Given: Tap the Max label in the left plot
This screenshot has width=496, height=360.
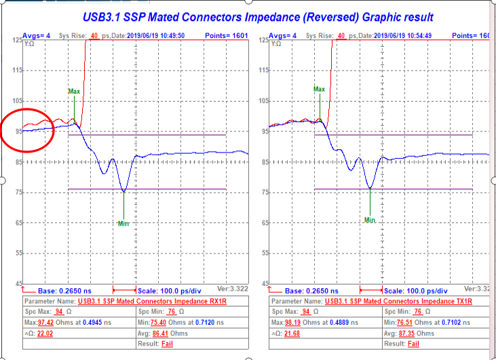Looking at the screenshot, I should (x=74, y=91).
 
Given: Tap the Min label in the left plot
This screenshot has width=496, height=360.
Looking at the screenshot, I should (x=123, y=223).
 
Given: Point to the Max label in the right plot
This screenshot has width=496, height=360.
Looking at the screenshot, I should (x=319, y=89).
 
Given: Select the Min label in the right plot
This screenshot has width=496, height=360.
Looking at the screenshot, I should (x=370, y=220).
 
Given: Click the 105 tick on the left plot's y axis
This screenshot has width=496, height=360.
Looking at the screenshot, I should (x=16, y=101).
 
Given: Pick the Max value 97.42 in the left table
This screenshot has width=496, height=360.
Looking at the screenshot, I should (x=45, y=322).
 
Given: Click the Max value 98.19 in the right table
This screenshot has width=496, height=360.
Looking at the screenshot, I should (x=292, y=322).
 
